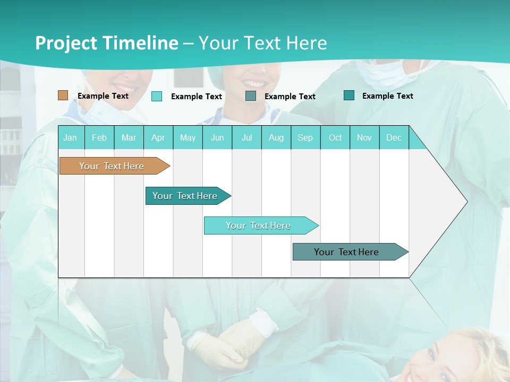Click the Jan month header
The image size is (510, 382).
pyautogui.click(x=70, y=137)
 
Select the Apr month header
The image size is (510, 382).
pyautogui.click(x=158, y=137)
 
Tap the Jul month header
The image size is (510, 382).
pyautogui.click(x=246, y=137)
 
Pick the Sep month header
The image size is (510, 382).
pyautogui.click(x=305, y=137)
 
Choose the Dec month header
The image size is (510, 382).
pyautogui.click(x=394, y=137)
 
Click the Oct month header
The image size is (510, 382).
pyautogui.click(x=335, y=137)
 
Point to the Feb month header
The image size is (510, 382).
pyautogui.click(x=99, y=137)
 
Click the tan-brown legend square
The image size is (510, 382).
pyautogui.click(x=63, y=95)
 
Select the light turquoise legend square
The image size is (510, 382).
pyautogui.click(x=157, y=96)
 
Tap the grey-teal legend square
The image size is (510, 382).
pyautogui.click(x=251, y=96)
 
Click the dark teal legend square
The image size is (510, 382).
pyautogui.click(x=349, y=95)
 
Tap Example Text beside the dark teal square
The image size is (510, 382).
pyautogui.click(x=387, y=95)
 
